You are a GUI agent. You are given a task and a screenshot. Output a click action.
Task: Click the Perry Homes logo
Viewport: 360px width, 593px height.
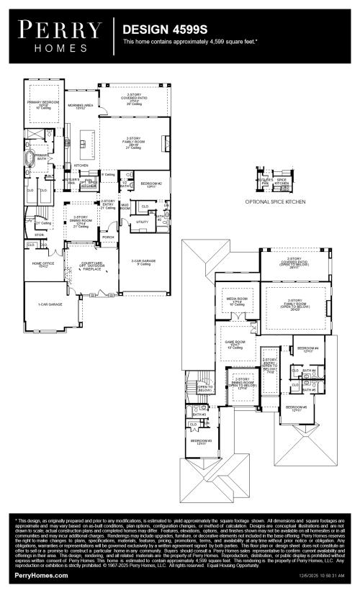coord(58,34)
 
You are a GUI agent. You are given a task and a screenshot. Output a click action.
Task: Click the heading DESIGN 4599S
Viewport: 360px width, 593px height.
coord(160,31)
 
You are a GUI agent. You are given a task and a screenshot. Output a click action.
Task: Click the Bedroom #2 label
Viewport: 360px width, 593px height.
coord(150,184)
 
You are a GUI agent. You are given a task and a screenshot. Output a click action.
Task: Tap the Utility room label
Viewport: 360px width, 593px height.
coord(141,222)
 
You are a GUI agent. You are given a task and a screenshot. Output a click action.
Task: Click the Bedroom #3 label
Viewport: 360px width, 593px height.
coord(200,442)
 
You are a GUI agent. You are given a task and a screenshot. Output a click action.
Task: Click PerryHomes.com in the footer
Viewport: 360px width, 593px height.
coord(42,576)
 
